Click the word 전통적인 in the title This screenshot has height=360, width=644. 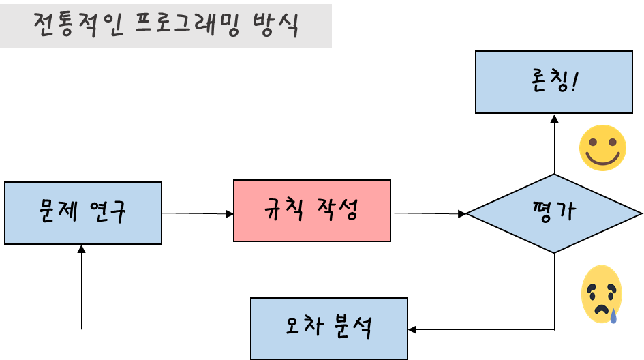(75, 25)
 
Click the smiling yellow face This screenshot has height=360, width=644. (602, 148)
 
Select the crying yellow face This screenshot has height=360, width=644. (601, 294)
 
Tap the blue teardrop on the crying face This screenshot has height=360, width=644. (613, 315)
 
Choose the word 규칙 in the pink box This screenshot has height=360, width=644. (283, 210)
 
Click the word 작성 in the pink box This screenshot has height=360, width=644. (337, 210)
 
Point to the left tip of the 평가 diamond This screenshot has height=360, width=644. (470, 213)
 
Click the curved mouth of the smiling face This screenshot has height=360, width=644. (602, 160)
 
